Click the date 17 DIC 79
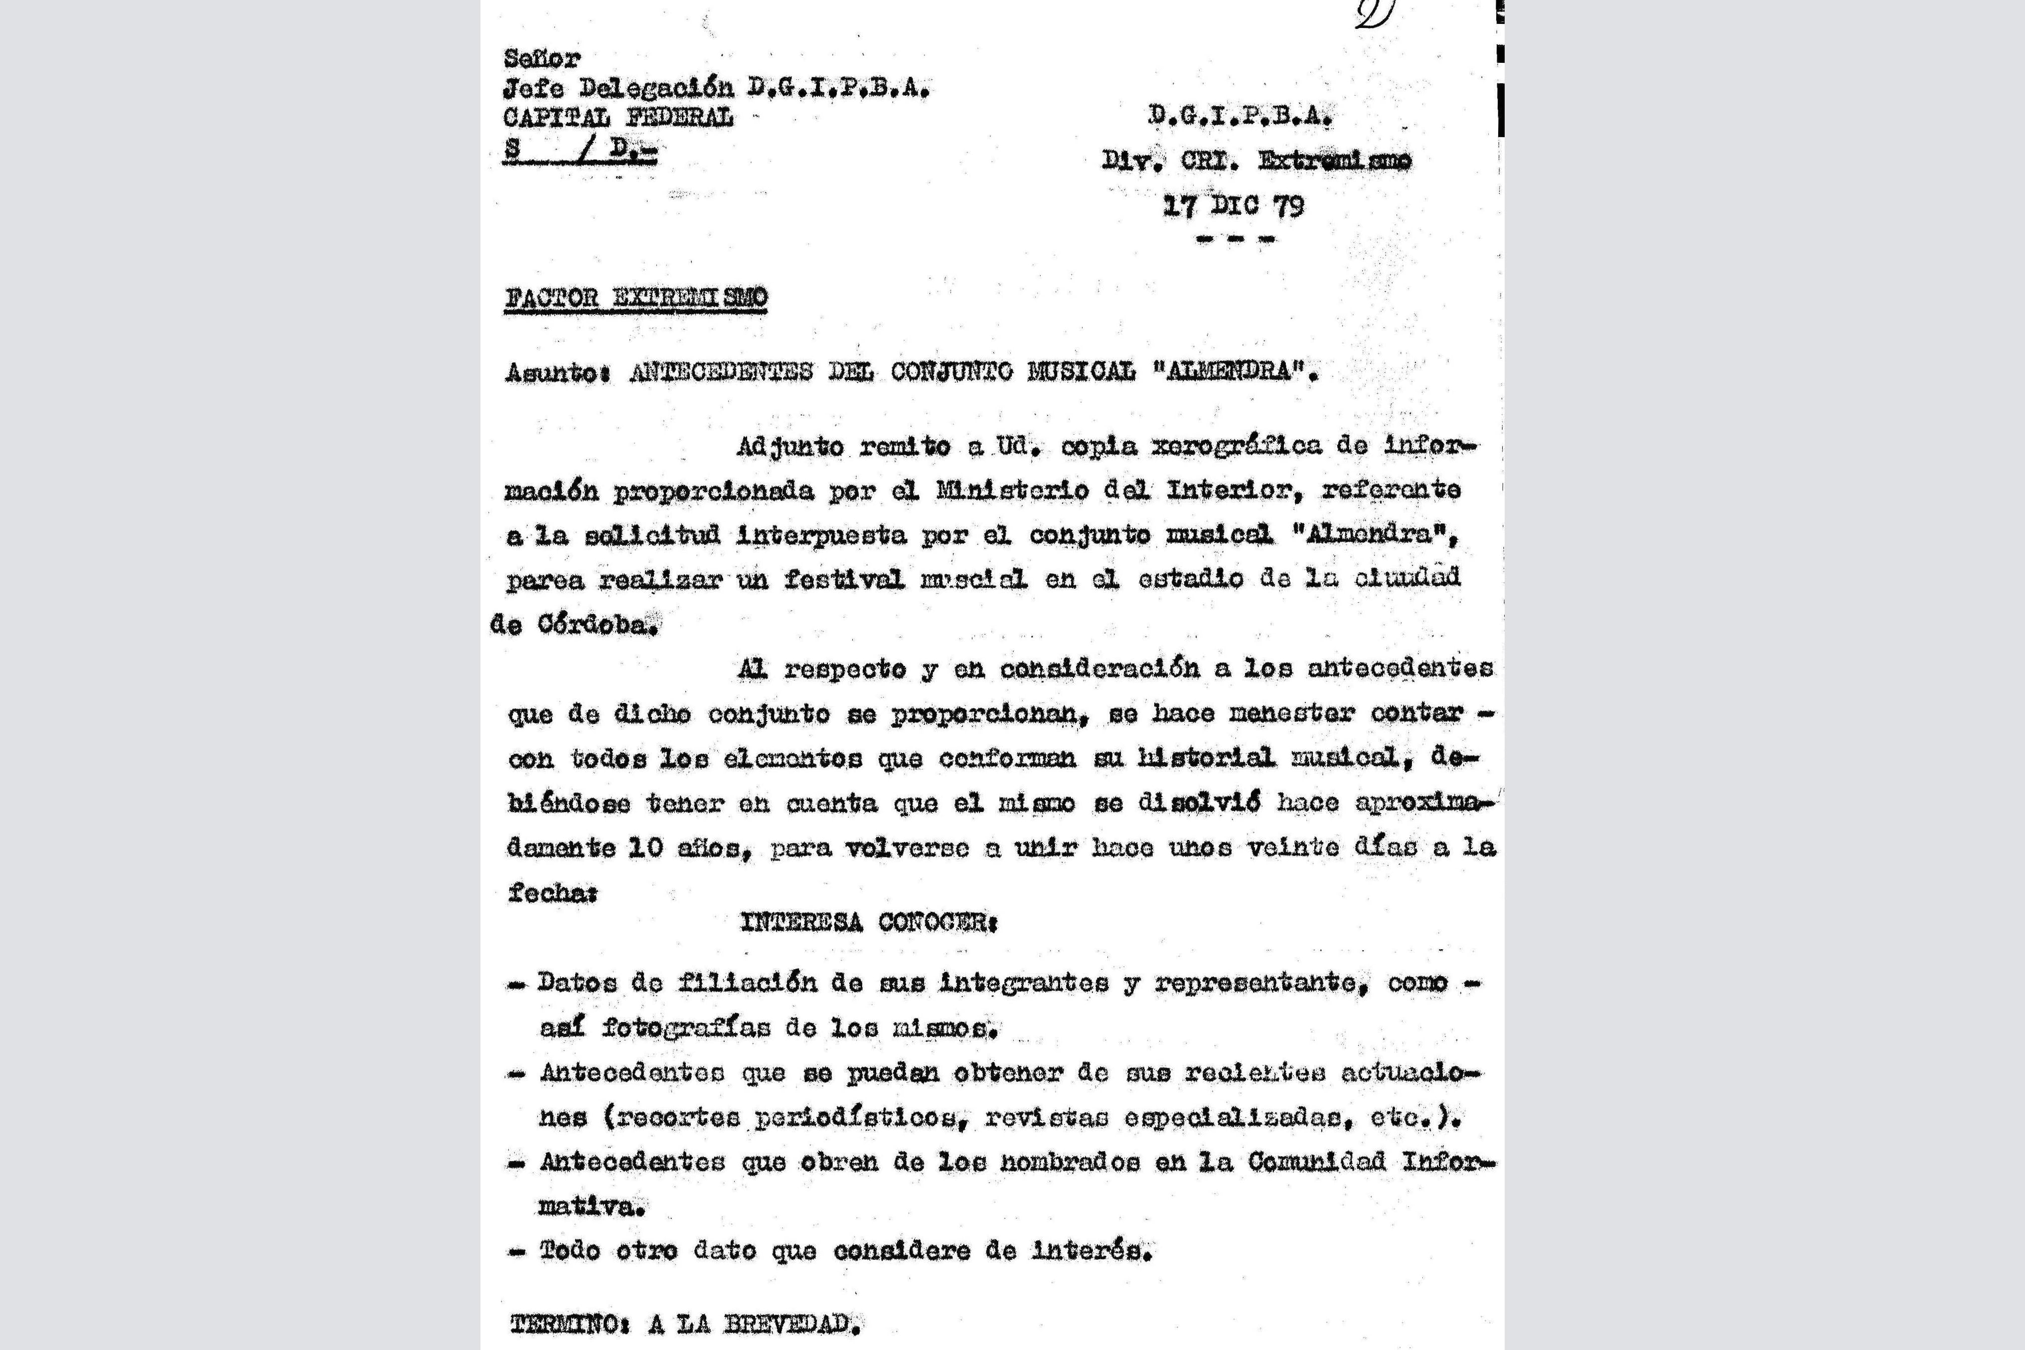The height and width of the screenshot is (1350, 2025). click(x=1233, y=206)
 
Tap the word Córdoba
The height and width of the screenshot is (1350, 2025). click(x=597, y=625)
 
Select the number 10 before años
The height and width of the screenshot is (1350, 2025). click(x=644, y=847)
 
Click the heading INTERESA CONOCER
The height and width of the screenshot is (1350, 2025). click(x=868, y=922)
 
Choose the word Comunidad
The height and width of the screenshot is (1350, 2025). click(x=1317, y=1162)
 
